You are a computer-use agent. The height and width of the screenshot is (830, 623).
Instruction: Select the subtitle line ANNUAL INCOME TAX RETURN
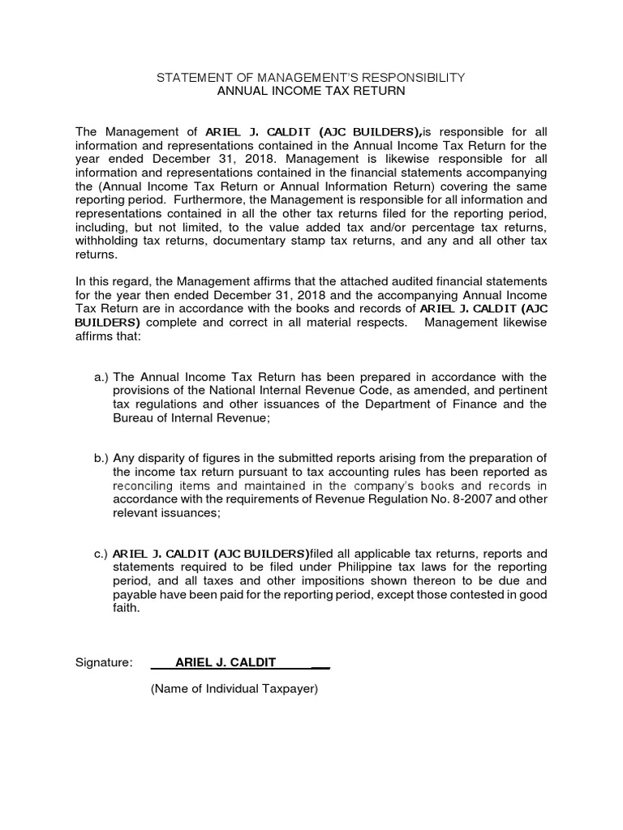point(311,92)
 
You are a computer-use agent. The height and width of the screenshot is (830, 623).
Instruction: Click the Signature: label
point(104,662)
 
